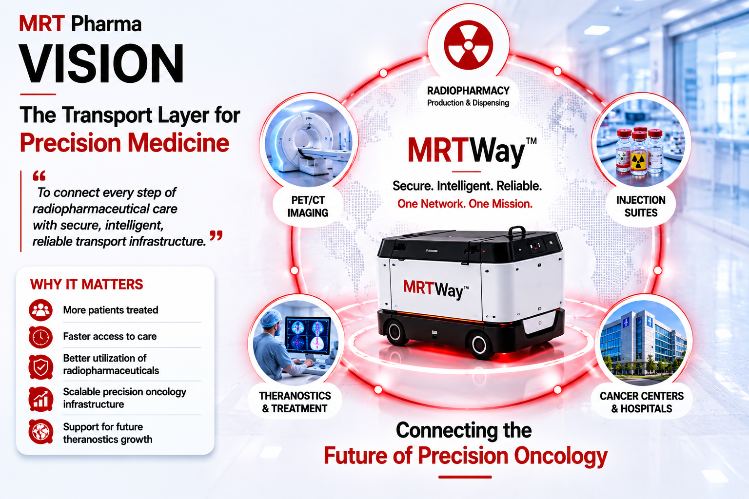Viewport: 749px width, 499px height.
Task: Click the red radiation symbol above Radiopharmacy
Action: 468,45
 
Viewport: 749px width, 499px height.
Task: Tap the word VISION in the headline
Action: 101,63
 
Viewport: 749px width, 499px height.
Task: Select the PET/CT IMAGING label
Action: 308,206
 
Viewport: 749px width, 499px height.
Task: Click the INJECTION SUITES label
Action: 641,206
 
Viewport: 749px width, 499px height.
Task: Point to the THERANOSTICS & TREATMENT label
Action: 295,402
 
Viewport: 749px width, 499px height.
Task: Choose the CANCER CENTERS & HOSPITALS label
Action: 641,402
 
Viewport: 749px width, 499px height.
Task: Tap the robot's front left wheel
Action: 395,331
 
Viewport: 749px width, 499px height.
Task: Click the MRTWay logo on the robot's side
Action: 435,289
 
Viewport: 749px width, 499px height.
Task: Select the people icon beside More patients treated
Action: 40,310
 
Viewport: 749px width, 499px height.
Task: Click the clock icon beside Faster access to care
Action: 40,337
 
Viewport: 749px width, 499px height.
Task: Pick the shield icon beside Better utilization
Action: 40,367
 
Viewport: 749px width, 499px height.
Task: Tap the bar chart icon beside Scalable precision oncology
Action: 40,399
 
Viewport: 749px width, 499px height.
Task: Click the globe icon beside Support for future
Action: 40,431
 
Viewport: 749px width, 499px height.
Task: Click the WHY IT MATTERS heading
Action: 87,285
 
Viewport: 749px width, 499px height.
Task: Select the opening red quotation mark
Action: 39,176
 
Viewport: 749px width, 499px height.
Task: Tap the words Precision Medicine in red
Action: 124,143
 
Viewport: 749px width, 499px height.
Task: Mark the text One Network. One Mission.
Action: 465,204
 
